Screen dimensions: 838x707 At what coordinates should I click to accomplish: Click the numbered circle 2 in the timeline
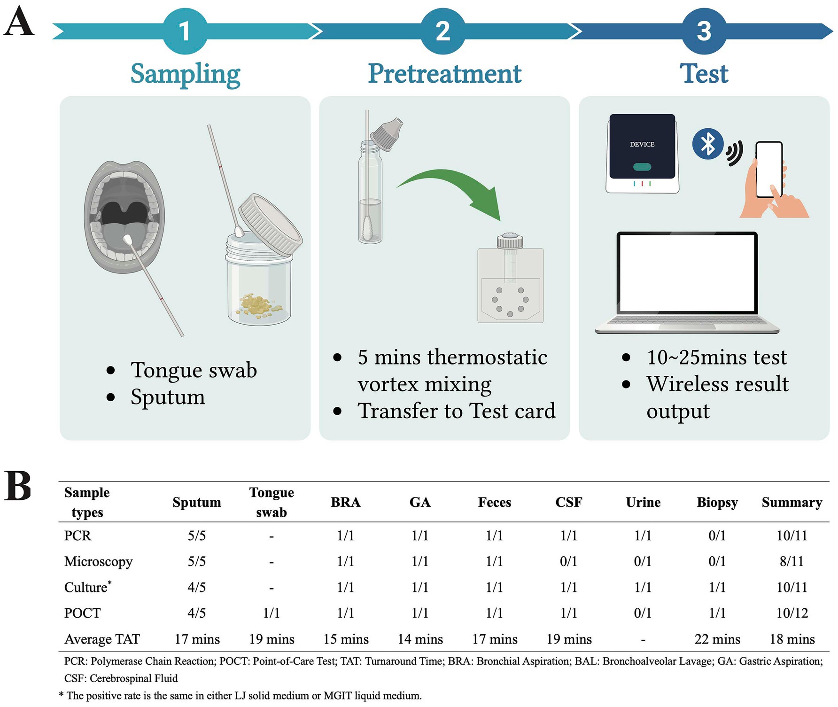442,31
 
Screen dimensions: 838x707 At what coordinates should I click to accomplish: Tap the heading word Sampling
185,74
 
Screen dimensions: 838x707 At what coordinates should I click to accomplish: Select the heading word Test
704,74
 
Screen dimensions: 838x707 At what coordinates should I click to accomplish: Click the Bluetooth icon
707,144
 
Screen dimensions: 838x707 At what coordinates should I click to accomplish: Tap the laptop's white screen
687,272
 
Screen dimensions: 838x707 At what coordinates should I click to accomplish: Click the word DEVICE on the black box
642,144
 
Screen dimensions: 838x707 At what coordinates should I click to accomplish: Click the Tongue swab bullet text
194,370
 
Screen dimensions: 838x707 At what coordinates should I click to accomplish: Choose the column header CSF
568,502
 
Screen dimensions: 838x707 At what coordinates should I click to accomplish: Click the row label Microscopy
98,561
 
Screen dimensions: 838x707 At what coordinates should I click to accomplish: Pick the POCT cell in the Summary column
792,613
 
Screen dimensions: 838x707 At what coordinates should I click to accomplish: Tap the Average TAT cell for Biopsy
717,639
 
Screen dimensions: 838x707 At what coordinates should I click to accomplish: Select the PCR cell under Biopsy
717,536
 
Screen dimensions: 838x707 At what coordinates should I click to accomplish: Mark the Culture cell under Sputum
197,587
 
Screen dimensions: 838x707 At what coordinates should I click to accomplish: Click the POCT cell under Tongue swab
272,613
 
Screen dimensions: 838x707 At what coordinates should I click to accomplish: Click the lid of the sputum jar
270,225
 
